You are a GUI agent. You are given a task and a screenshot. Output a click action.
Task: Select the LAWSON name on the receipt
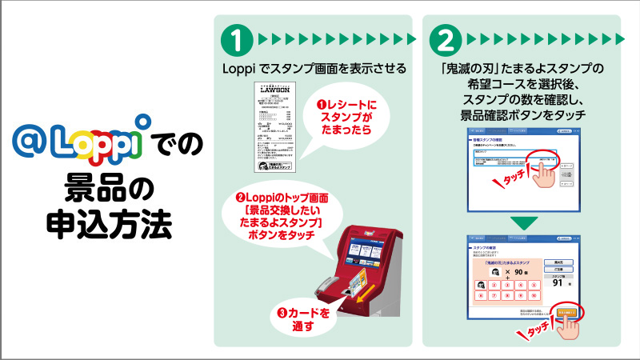[274, 92]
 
